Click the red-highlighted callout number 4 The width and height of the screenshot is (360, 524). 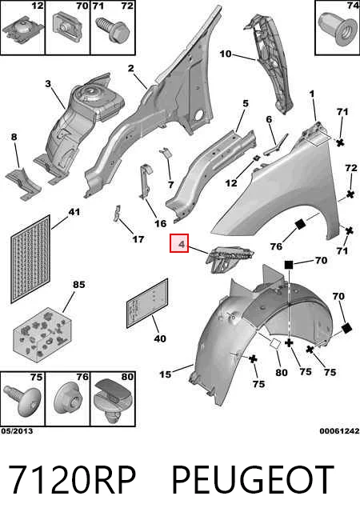click(x=181, y=244)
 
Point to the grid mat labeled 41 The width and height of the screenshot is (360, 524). click(x=30, y=258)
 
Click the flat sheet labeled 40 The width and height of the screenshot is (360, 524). click(x=147, y=303)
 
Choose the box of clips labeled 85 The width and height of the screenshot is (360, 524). click(x=42, y=335)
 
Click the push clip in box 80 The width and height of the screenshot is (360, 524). click(x=113, y=398)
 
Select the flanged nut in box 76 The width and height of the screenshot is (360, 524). click(x=68, y=398)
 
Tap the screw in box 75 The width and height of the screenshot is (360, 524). click(x=22, y=400)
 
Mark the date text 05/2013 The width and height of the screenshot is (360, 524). click(x=17, y=430)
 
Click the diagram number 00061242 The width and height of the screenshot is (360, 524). click(x=339, y=430)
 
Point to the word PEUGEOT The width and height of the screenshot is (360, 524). click(x=253, y=480)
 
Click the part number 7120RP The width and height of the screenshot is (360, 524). click(x=72, y=480)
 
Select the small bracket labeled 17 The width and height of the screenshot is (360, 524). click(x=116, y=214)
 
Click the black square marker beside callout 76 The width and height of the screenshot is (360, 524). click(x=300, y=224)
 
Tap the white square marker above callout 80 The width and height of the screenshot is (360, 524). click(x=275, y=344)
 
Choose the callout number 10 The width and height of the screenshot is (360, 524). click(x=226, y=54)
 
